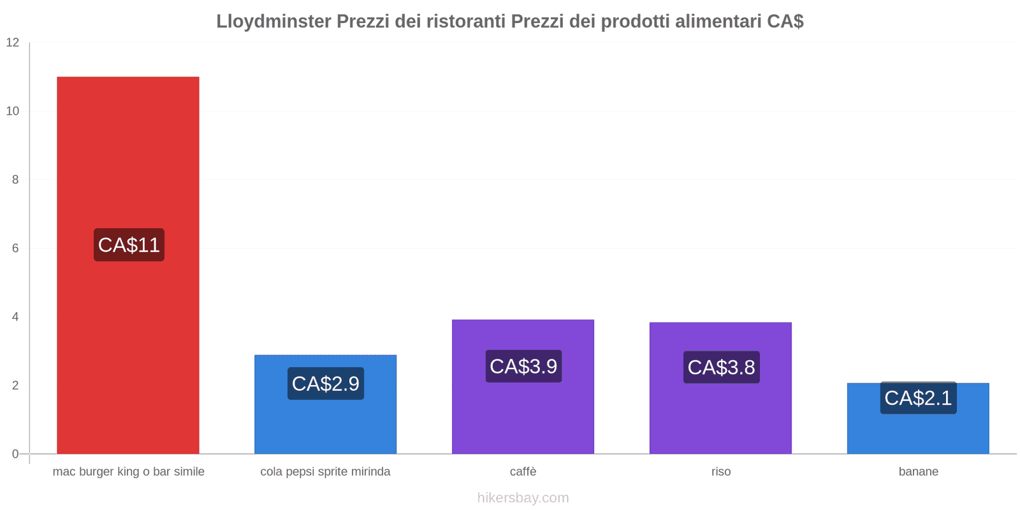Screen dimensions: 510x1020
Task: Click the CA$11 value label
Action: click(129, 245)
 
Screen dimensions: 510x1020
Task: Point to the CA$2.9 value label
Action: click(325, 384)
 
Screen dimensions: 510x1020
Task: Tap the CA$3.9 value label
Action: click(523, 367)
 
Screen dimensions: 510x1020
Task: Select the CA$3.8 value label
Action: click(721, 367)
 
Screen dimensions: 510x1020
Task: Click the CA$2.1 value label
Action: click(918, 398)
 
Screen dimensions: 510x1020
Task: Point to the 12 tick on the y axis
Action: click(13, 43)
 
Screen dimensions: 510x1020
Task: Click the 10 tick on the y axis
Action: click(13, 111)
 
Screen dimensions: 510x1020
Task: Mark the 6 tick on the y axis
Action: click(15, 249)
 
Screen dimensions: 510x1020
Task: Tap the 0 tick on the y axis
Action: click(15, 454)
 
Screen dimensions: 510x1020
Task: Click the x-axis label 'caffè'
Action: click(523, 472)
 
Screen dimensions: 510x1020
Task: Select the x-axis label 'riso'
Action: click(721, 472)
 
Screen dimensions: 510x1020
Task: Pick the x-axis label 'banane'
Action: click(918, 472)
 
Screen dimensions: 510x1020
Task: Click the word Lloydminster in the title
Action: click(273, 22)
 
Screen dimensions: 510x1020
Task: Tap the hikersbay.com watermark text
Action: click(523, 498)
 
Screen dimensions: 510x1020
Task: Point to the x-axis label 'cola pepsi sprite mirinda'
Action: click(325, 472)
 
